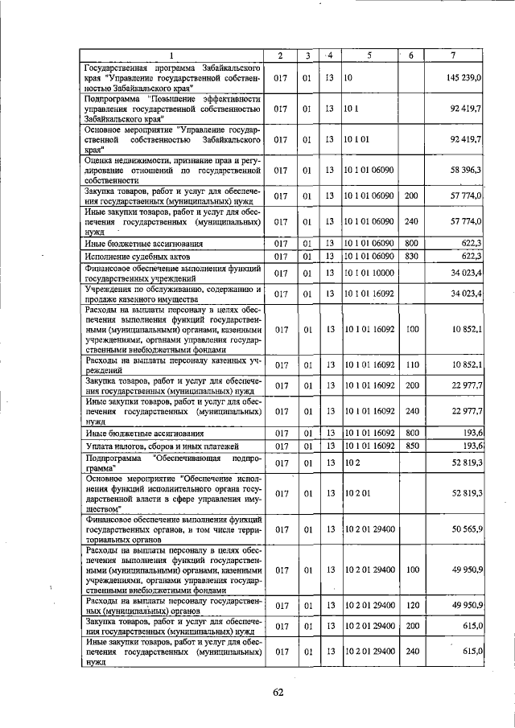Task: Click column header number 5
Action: pos(369,55)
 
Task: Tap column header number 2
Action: pos(279,55)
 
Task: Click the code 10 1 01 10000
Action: pos(369,274)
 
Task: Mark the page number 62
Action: pos(278,692)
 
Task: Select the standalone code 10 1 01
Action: pos(355,138)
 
